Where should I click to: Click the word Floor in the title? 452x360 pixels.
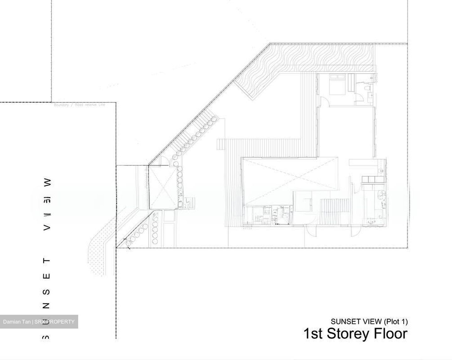[x=389, y=334]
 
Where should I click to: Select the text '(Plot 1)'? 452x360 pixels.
[x=395, y=321]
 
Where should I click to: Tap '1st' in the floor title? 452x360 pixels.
[x=313, y=334]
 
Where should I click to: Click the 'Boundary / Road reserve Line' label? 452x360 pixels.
[x=79, y=105]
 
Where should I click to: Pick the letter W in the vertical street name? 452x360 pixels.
[x=47, y=182]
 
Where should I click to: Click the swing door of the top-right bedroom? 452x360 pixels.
[x=325, y=102]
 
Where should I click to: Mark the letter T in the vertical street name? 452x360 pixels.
[x=47, y=261]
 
